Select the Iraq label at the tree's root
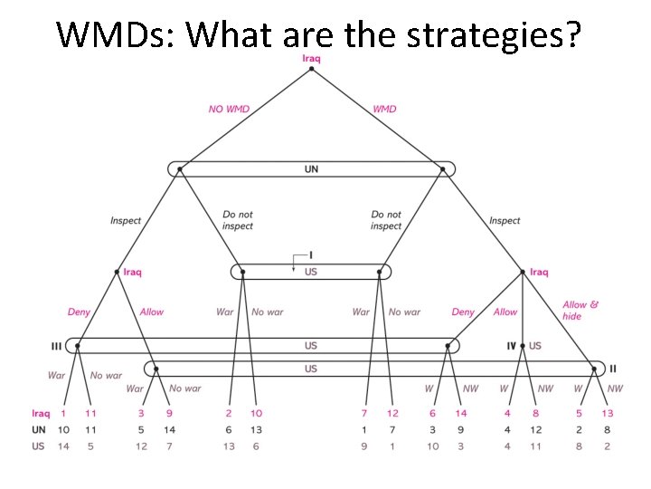311,59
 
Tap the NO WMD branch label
229,109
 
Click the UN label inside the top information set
311,168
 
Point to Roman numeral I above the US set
310,255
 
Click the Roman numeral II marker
612,368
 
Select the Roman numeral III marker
57,345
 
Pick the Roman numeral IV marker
511,345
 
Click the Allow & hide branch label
580,311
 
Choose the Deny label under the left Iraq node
80,312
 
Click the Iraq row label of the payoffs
41,414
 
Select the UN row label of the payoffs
39,429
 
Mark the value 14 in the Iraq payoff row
461,414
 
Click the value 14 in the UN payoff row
169,429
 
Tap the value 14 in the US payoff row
63,445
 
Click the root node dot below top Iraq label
311,69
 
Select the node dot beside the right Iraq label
523,272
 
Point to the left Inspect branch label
126,220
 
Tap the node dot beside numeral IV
523,345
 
